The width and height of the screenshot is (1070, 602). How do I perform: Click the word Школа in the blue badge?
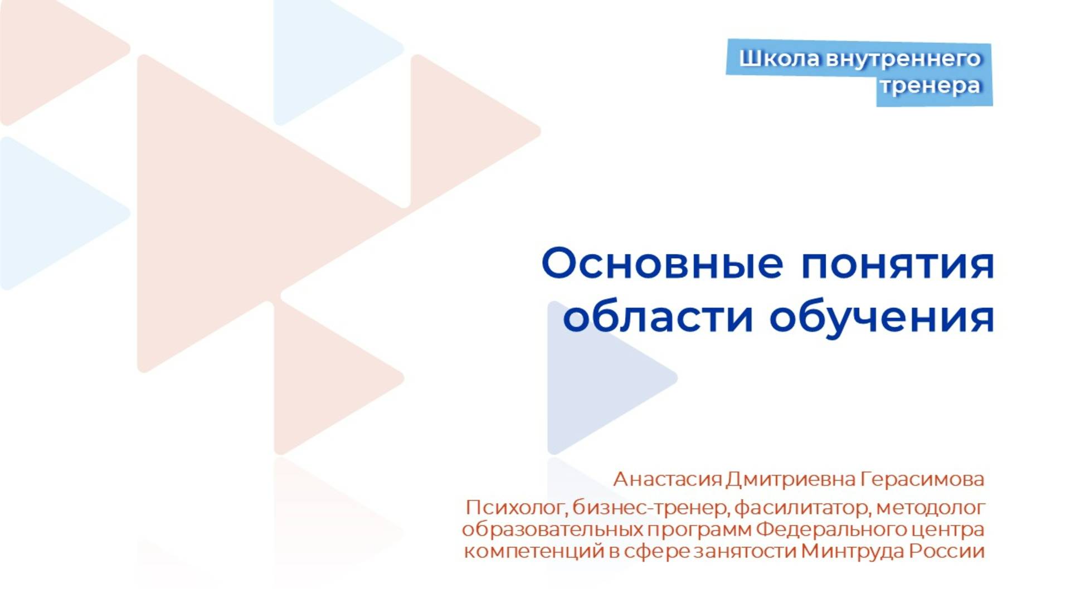point(779,59)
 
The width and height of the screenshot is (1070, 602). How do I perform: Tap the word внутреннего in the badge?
point(903,59)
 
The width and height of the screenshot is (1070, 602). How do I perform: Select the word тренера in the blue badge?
point(930,86)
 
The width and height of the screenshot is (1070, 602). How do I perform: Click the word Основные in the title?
point(662,264)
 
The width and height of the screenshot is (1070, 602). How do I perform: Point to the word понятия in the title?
point(897,264)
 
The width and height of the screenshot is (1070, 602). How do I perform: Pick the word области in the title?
point(658,318)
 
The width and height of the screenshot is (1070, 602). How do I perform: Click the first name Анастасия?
point(668,479)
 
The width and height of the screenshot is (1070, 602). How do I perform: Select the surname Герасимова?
point(922,479)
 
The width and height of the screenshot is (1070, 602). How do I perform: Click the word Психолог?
point(515,508)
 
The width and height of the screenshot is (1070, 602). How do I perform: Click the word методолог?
point(930,508)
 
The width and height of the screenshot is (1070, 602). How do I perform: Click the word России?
point(947,551)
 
